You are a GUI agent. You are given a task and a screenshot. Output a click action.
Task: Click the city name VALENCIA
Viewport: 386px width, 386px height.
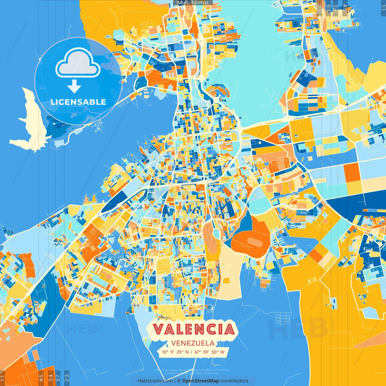[x=193, y=329]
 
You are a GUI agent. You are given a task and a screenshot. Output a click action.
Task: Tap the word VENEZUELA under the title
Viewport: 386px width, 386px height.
[x=193, y=343]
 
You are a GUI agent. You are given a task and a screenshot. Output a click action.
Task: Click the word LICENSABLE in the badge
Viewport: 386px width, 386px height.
[x=78, y=102]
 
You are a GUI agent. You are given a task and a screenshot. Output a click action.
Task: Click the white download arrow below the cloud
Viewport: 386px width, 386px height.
[x=74, y=87]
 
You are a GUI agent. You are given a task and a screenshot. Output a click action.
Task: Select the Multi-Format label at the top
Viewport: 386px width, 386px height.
[x=193, y=3]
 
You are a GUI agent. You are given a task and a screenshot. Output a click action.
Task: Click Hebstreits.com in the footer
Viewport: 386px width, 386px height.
[x=155, y=381]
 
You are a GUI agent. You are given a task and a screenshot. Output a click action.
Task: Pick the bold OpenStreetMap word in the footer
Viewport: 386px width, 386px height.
[x=201, y=381]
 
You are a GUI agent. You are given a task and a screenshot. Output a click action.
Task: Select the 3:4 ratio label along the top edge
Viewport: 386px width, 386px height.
[x=335, y=8]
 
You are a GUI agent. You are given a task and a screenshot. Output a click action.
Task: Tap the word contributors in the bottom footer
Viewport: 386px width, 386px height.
[x=234, y=381]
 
